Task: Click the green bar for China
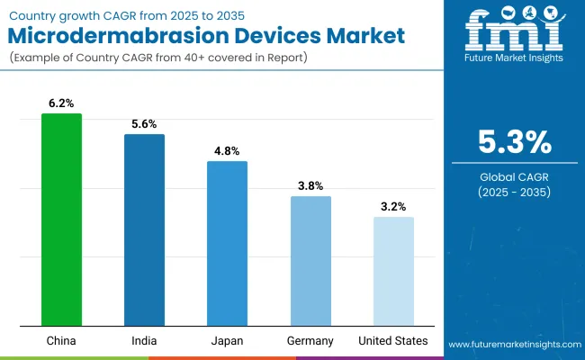61,220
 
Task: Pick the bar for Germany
310,261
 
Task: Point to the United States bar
393,271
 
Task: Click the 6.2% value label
61,104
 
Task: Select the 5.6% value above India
144,125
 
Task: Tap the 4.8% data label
227,152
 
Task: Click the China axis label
61,341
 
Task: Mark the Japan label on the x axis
227,341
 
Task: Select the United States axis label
393,341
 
